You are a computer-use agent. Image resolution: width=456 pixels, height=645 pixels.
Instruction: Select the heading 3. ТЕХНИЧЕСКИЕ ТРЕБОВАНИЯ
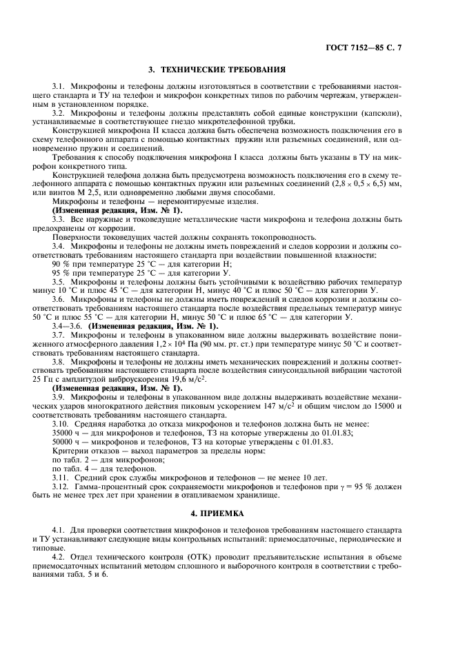pyautogui.click(x=217, y=70)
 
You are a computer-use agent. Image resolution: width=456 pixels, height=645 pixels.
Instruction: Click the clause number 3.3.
pyautogui.click(x=59, y=219)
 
